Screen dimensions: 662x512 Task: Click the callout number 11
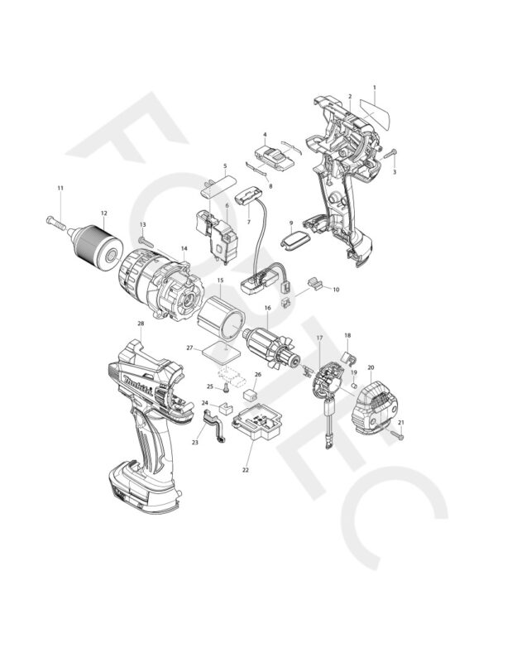[x=60, y=189]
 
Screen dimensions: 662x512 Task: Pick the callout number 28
[x=141, y=324]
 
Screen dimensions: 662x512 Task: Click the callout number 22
[x=246, y=471]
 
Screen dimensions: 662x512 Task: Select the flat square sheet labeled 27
[x=218, y=348]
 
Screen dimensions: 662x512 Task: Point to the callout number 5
[x=224, y=166]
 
